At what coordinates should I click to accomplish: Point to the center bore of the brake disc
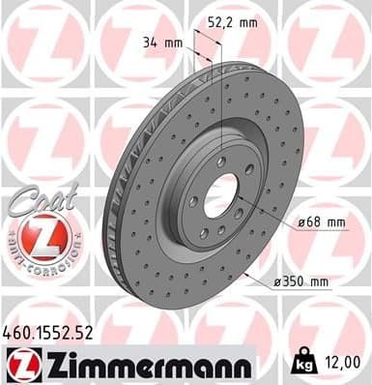coord(218,198)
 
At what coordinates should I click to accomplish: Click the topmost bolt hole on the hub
coord(221,162)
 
